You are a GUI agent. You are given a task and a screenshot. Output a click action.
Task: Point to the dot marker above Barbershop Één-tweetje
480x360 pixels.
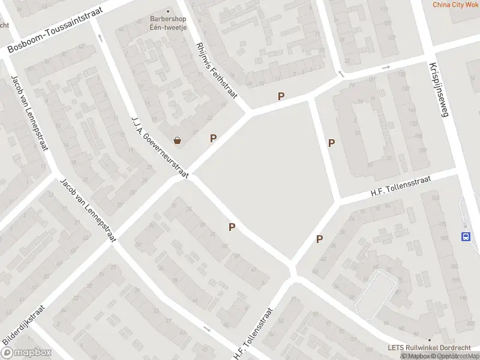167,10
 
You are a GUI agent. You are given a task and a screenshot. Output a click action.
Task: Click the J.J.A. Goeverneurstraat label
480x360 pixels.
160,147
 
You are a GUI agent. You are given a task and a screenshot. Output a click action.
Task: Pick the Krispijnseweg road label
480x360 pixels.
439,90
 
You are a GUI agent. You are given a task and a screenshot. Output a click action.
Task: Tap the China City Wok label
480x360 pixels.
455,5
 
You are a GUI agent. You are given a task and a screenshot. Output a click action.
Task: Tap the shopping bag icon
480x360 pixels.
178,141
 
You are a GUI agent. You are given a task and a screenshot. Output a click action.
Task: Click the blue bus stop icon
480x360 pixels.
466,236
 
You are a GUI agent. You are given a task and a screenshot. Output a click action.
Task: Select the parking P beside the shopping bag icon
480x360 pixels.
213,139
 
